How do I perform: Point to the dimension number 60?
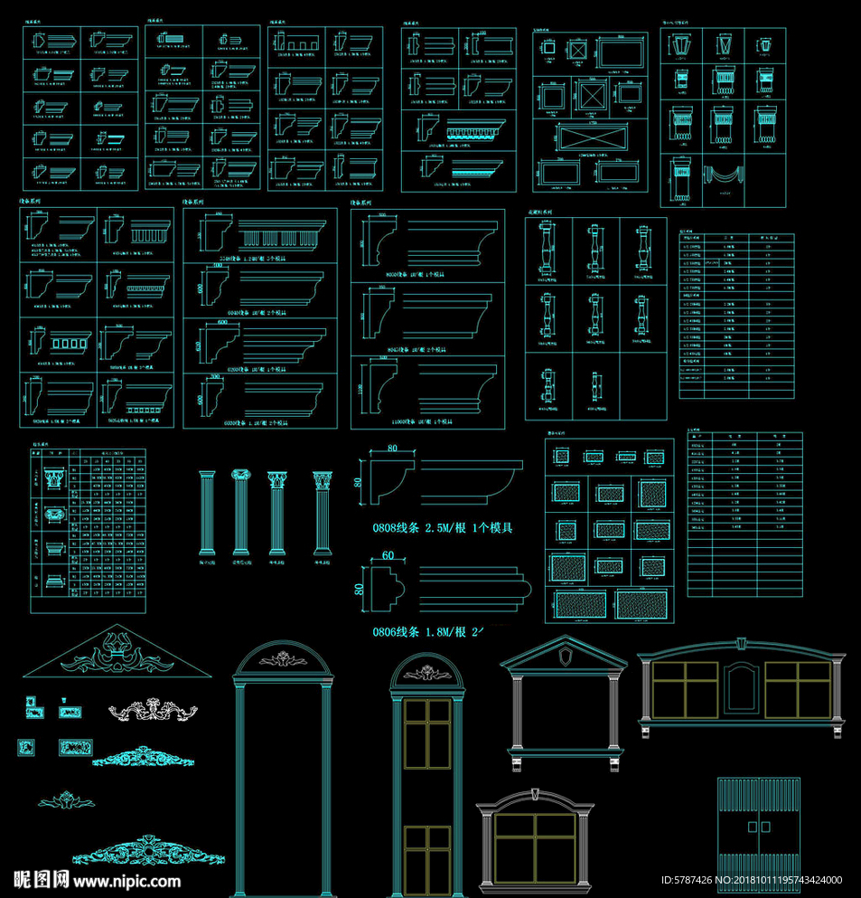(388, 554)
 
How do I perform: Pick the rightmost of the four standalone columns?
(323, 512)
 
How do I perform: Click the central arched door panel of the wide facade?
(742, 687)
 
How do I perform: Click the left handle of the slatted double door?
(752, 827)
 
